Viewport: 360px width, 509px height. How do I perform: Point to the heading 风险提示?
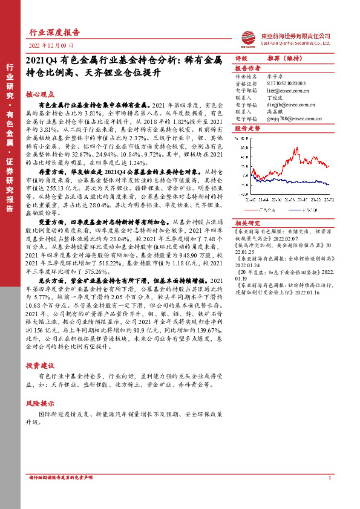(x=40, y=403)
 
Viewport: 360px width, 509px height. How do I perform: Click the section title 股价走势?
(x=247, y=129)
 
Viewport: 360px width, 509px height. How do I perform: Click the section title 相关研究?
(x=247, y=222)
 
